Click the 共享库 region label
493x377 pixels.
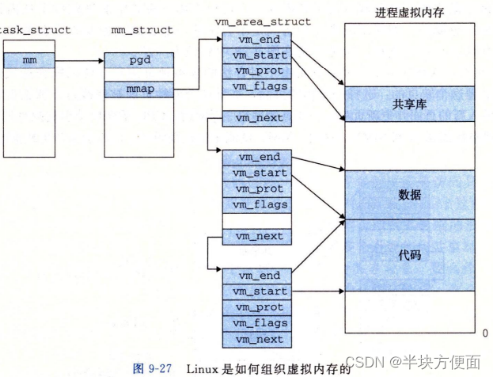click(x=409, y=104)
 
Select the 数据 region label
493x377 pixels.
click(x=409, y=194)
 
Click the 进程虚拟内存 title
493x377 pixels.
click(x=409, y=13)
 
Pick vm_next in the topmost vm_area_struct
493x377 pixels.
click(x=257, y=118)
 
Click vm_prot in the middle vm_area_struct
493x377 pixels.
click(x=257, y=188)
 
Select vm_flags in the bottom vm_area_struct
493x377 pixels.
click(x=257, y=323)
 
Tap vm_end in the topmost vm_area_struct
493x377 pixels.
click(x=257, y=40)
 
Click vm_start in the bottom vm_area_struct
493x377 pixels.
click(x=257, y=291)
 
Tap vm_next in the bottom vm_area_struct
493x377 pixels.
click(x=257, y=339)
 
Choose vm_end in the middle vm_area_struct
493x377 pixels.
click(x=257, y=157)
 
